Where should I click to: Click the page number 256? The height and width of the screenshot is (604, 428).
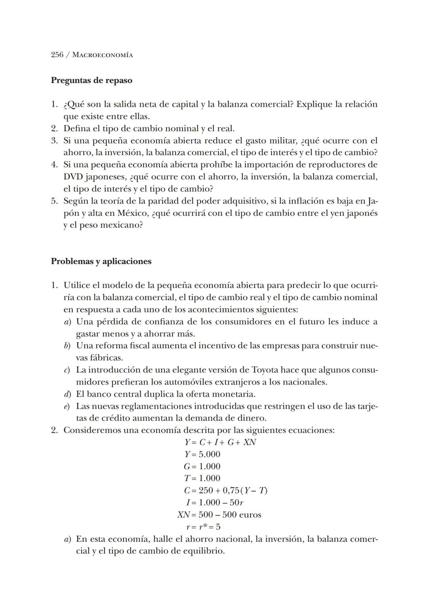[x=57, y=55]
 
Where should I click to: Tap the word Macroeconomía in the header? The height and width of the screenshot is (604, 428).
[x=103, y=55]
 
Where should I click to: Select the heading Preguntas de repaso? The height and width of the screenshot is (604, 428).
[x=92, y=81]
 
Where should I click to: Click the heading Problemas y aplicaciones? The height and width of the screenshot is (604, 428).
[x=101, y=261]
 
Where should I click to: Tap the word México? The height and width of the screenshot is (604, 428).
[x=133, y=213]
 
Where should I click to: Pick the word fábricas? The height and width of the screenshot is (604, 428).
[x=99, y=358]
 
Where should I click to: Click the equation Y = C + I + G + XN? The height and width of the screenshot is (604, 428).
[x=220, y=442]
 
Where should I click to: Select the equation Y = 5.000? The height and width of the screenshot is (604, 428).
[x=202, y=454]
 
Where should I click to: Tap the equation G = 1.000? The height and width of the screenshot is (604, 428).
[x=202, y=466]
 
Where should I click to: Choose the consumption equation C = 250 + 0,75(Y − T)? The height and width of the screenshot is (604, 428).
[x=225, y=491]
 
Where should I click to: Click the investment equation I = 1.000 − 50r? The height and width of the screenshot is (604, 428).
[x=214, y=503]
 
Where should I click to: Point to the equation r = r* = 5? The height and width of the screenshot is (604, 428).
[x=203, y=527]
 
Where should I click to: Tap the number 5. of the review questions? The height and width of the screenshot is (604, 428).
[x=55, y=201]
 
